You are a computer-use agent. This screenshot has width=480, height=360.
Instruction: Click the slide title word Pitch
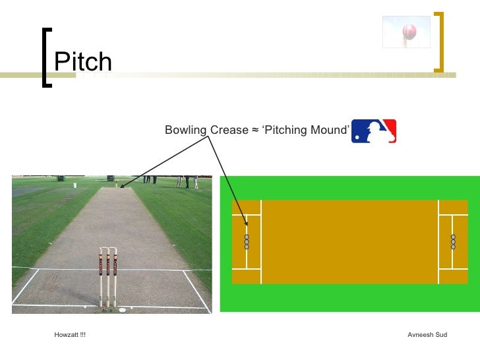coord(83,63)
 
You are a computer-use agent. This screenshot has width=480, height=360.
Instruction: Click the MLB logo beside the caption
coord(374,131)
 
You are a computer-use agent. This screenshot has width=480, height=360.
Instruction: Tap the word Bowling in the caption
coord(185,131)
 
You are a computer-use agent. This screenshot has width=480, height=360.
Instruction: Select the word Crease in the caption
coord(228,131)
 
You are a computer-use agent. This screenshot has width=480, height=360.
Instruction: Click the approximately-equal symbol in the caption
coord(255,131)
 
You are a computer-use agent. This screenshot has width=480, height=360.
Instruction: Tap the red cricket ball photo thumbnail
coord(406,32)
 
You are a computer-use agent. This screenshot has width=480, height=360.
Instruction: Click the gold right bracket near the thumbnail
coord(439,41)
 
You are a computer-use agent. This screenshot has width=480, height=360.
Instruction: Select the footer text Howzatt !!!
coord(70,335)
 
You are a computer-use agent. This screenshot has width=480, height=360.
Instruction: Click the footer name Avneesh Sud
coord(427,335)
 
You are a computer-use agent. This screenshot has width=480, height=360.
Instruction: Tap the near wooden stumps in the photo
coord(108,277)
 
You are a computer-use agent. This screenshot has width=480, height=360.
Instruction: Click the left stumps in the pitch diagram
coord(247,241)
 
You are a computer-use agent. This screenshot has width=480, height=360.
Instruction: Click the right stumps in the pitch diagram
coord(453,241)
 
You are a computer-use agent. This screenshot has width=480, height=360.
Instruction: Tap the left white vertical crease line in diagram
coord(262,241)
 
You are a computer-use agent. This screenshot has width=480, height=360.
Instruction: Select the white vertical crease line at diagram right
coord(438,241)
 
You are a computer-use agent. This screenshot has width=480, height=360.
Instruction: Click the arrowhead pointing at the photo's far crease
coord(123,186)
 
